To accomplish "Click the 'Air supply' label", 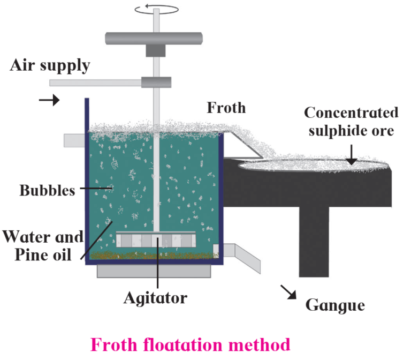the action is pyautogui.click(x=50, y=65).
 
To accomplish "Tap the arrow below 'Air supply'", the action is pyautogui.click(x=49, y=100).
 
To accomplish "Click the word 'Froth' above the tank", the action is pyautogui.click(x=226, y=108).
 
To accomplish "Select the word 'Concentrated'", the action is pyautogui.click(x=351, y=112).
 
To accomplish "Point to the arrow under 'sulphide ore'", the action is pyautogui.click(x=351, y=154).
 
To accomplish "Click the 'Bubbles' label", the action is pyautogui.click(x=48, y=190).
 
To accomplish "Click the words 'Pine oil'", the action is pyautogui.click(x=43, y=254).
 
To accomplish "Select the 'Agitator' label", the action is pyautogui.click(x=155, y=298).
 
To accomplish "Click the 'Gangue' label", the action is pyautogui.click(x=335, y=305).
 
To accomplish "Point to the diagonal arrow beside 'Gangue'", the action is pyautogui.click(x=288, y=292).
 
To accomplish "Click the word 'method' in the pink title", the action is pyautogui.click(x=259, y=344).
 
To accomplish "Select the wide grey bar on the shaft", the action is pyautogui.click(x=154, y=39).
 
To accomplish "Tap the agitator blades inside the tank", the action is pyautogui.click(x=156, y=239).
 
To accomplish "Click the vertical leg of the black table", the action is pyautogui.click(x=314, y=242).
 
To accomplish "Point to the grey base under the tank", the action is pyautogui.click(x=154, y=271).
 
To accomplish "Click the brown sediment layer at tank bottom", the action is pyautogui.click(x=154, y=256).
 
